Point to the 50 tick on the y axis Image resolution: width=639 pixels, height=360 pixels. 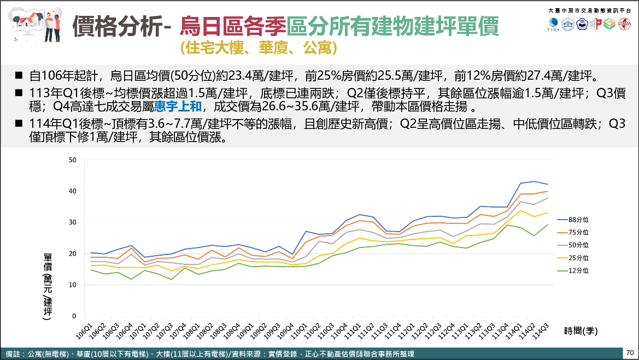point(73,160)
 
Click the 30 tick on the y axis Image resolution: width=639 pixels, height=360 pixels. point(73,222)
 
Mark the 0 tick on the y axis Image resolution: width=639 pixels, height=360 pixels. point(74,316)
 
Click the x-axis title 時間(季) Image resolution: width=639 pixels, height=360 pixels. point(583,331)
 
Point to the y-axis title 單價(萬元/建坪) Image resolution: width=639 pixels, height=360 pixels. point(48,290)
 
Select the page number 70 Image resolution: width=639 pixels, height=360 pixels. point(630,353)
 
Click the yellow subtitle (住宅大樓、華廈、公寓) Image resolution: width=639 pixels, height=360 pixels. point(257,48)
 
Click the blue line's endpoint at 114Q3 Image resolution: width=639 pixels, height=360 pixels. point(547,184)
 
